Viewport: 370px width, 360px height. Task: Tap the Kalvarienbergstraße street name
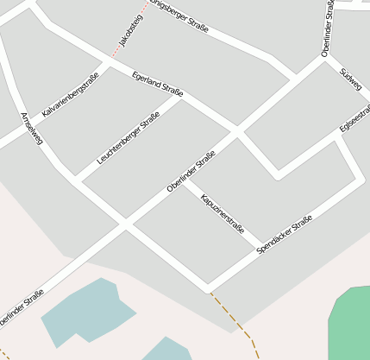pyautogui.click(x=70, y=94)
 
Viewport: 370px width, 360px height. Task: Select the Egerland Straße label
pyautogui.click(x=157, y=85)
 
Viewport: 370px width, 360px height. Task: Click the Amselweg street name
pyautogui.click(x=31, y=128)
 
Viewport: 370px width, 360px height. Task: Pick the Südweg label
pyautogui.click(x=351, y=79)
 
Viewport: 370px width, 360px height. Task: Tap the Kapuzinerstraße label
pyautogui.click(x=222, y=214)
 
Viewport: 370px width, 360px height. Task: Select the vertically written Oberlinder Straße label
pyautogui.click(x=329, y=28)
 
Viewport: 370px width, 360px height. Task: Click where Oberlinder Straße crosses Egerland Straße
pyautogui.click(x=235, y=132)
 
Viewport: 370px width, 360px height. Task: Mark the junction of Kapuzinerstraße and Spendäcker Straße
pyautogui.click(x=258, y=252)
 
